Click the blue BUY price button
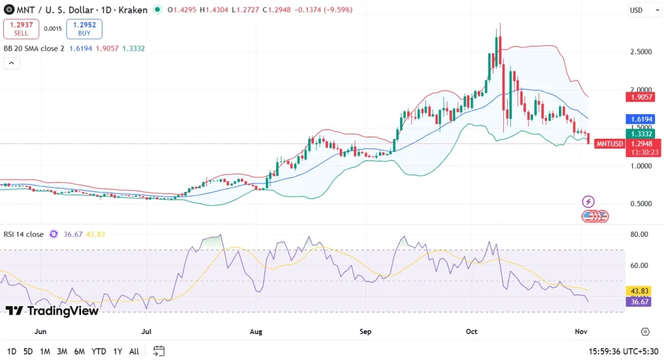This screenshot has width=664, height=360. tap(84, 29)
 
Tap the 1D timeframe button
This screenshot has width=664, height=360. tap(12, 351)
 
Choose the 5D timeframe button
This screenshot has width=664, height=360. tap(28, 351)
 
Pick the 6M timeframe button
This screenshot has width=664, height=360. tap(79, 351)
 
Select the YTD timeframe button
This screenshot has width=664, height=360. tap(99, 351)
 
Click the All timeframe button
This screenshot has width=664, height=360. tap(134, 351)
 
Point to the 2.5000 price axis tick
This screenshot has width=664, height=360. tap(640, 52)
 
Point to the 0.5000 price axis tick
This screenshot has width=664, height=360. tap(640, 204)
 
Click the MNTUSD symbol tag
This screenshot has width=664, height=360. tap(610, 143)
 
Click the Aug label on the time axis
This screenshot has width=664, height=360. tap(255, 331)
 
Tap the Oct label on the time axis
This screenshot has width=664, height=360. tap(471, 331)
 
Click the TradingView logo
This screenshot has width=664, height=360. tap(52, 311)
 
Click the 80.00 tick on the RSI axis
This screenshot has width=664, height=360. tap(639, 234)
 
